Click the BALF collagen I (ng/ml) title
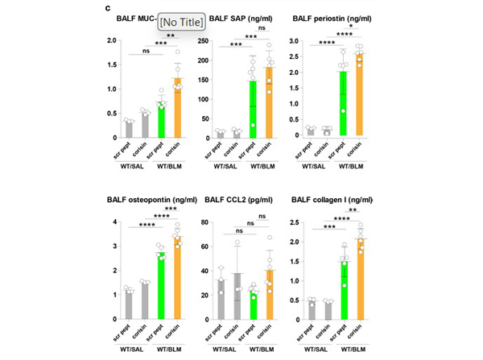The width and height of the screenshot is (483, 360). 332,200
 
